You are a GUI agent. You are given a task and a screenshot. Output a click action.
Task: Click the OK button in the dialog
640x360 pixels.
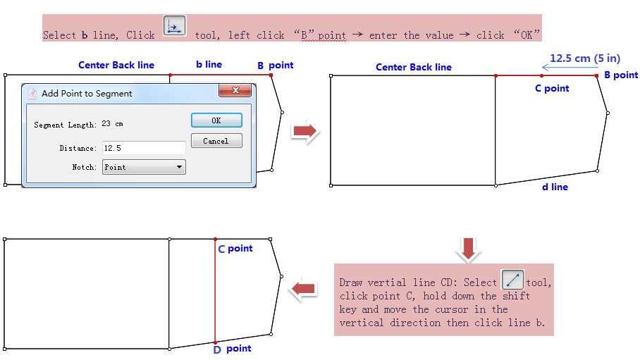216,120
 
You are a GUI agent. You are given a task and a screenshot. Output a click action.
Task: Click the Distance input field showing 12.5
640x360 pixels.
144,148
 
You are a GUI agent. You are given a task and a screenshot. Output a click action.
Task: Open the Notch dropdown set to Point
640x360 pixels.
144,167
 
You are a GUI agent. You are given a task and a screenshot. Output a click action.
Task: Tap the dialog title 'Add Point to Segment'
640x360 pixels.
87,93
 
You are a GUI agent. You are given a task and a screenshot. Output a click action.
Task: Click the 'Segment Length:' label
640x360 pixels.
65,125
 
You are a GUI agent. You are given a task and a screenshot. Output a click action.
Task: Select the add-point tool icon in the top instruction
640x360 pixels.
174,25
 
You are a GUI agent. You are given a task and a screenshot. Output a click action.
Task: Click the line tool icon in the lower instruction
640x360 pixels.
512,280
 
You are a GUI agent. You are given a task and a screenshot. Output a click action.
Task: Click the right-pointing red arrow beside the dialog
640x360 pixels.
304,131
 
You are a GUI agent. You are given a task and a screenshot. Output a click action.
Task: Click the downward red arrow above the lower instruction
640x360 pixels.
469,247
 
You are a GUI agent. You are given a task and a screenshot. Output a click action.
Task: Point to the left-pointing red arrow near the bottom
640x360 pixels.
304,287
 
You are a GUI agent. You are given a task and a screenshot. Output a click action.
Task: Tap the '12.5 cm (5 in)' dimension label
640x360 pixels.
585,58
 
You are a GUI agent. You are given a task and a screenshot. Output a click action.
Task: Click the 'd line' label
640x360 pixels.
555,187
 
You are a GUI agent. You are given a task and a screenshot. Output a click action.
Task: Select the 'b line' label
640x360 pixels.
209,64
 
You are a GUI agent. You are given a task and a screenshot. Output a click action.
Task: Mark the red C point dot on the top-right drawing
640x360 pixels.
541,75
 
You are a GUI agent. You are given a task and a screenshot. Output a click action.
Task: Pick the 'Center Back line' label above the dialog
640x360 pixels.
116,65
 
